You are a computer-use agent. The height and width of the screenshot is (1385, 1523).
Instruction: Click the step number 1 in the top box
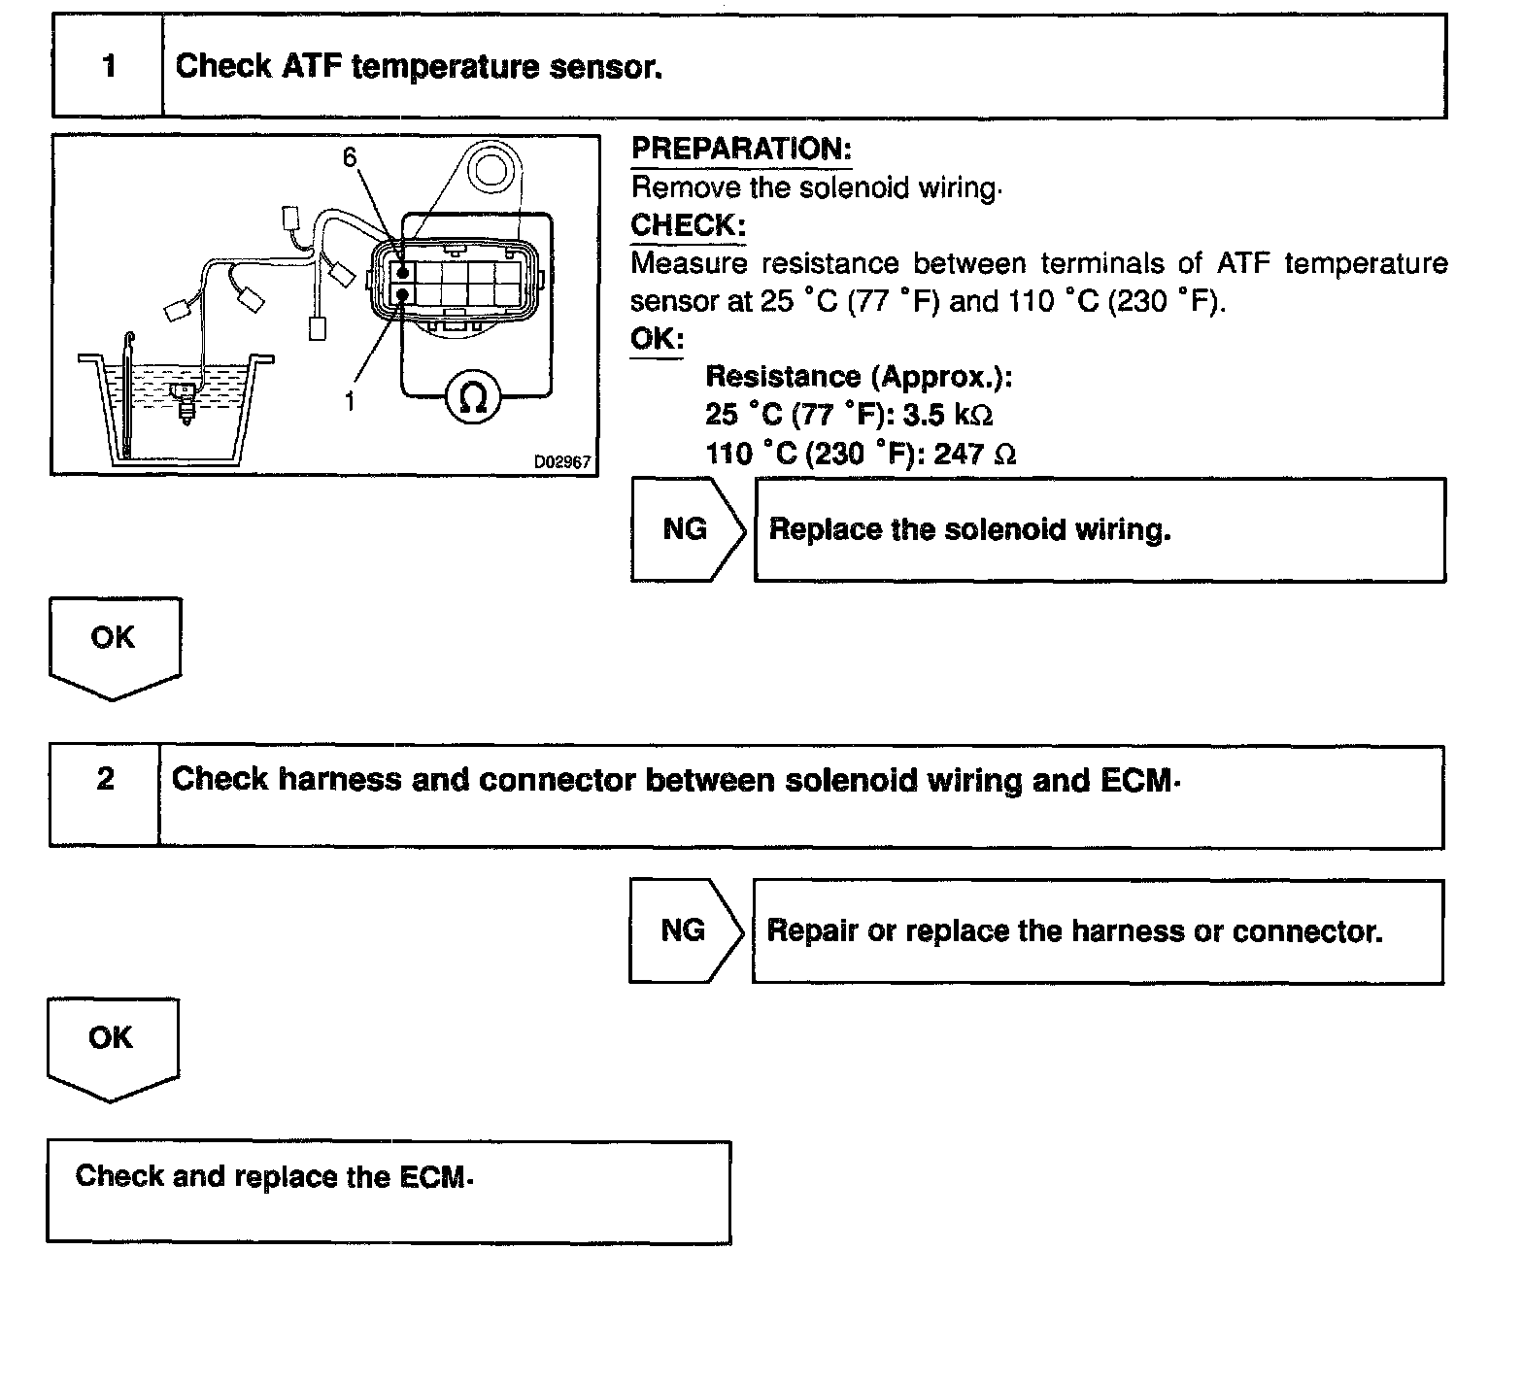click(109, 66)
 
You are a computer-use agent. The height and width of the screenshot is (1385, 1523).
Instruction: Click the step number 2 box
click(105, 779)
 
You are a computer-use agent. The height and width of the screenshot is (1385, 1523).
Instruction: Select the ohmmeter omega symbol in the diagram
click(472, 396)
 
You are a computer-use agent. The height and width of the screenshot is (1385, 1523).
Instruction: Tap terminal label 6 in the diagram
click(350, 157)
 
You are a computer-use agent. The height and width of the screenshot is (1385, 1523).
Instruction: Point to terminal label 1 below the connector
click(350, 400)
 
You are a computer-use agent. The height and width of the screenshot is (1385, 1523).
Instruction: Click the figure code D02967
click(561, 462)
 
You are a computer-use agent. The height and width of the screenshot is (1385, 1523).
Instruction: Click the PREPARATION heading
click(741, 149)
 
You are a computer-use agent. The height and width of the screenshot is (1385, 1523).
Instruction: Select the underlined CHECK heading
click(688, 225)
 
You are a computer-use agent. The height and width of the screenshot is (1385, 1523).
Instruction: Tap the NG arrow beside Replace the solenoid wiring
click(686, 529)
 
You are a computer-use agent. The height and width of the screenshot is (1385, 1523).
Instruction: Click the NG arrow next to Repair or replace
click(684, 930)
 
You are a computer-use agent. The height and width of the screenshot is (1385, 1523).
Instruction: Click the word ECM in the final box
click(432, 1177)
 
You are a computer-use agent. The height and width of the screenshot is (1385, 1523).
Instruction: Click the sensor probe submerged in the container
click(183, 403)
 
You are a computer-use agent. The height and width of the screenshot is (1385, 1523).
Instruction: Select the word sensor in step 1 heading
click(604, 67)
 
